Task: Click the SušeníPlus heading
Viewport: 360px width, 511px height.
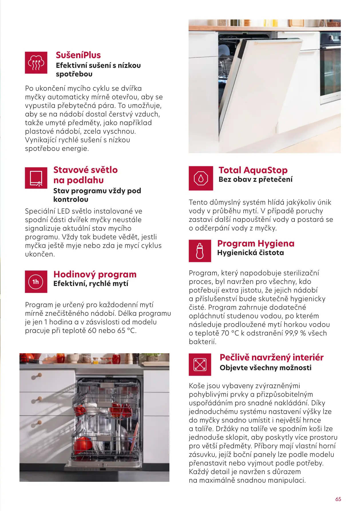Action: [x=78, y=55]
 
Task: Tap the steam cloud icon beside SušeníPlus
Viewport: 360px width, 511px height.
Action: [x=36, y=63]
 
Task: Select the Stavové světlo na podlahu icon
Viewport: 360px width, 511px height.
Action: [x=36, y=178]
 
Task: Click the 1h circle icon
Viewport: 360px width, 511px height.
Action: [x=36, y=282]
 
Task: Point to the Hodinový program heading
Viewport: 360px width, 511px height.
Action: [x=95, y=274]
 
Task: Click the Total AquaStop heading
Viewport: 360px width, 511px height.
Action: [x=253, y=170]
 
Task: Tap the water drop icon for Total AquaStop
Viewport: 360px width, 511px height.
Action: [x=201, y=178]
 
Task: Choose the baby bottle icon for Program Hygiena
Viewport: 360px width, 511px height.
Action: [x=200, y=251]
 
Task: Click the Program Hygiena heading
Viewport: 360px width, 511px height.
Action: [x=256, y=243]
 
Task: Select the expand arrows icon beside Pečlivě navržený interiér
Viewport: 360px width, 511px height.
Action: [x=200, y=365]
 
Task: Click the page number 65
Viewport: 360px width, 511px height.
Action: [x=338, y=499]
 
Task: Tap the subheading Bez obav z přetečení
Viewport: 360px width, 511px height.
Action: [x=255, y=179]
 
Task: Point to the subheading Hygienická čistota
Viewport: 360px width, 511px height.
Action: [x=250, y=253]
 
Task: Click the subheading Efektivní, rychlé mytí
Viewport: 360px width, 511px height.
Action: [x=91, y=284]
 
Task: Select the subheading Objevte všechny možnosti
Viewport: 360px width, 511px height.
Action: [x=265, y=368]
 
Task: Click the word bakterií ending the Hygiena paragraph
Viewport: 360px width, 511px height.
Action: [x=202, y=342]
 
